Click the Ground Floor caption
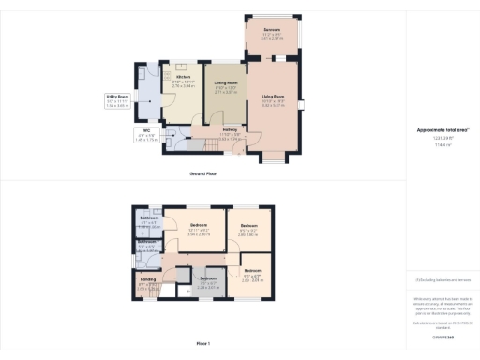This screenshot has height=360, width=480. click(x=204, y=174)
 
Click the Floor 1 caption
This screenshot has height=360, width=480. click(x=203, y=345)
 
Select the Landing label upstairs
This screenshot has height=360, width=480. click(x=147, y=278)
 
